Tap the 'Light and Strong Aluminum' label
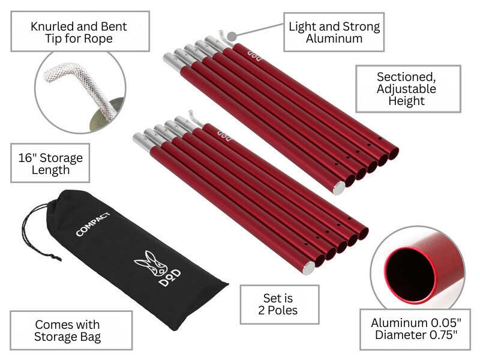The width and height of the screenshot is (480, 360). pos(334,32)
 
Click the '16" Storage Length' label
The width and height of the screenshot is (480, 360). pos(50,163)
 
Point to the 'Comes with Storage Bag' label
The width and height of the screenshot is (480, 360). pos(71,330)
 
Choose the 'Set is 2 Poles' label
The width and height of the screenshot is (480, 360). pos(279,304)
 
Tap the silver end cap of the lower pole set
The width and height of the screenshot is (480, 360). pos(308,268)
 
